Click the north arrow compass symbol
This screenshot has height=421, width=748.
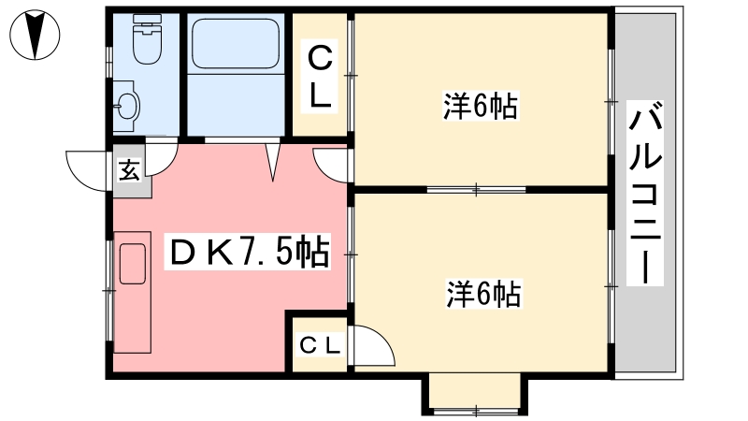35,35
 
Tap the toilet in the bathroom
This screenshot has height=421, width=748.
148,39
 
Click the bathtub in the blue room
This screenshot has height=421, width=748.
236,44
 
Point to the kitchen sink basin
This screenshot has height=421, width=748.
132,264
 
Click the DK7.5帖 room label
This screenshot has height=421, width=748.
248,251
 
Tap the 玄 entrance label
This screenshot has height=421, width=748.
129,171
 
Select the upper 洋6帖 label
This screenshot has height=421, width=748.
481,106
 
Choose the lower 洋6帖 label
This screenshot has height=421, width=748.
483,294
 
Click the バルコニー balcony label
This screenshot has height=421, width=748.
645,193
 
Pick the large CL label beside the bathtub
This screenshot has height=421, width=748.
320,77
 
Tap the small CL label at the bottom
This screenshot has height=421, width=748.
319,344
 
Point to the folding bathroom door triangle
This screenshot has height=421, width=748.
273,161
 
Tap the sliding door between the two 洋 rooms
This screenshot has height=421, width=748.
476,190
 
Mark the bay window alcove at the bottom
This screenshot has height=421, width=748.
475,393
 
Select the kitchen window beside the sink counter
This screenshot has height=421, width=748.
109,290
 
